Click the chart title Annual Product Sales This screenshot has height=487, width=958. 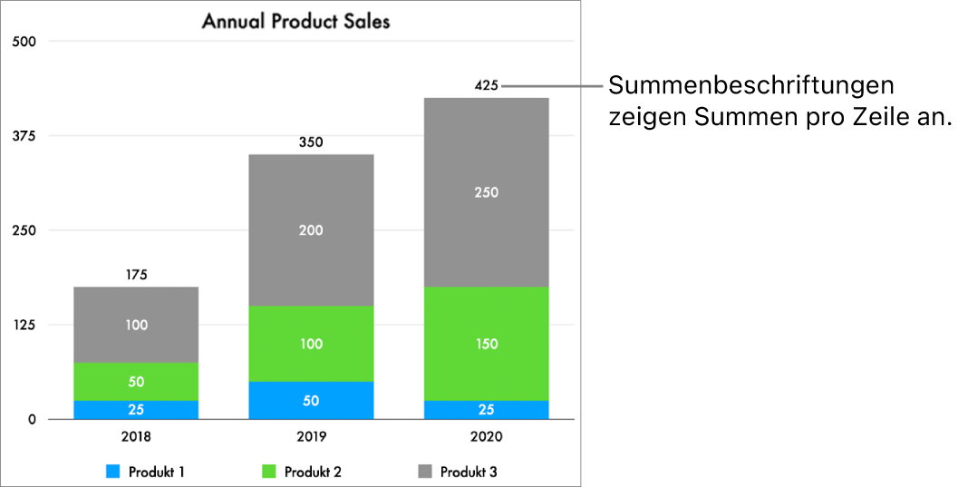[295, 21]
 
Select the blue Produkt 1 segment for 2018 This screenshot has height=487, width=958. [136, 410]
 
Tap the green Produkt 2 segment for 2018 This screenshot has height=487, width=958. [136, 382]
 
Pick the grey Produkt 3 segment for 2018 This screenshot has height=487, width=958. [136, 325]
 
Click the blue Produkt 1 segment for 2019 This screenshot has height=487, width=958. [311, 400]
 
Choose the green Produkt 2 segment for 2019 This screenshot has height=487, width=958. [311, 344]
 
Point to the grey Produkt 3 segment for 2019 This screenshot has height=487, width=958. [311, 230]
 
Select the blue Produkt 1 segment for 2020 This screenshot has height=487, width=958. [486, 410]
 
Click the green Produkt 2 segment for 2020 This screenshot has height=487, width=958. [486, 344]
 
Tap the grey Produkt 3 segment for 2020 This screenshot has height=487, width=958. [486, 192]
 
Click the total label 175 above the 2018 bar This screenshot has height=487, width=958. [136, 274]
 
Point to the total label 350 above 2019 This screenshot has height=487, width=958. [311, 142]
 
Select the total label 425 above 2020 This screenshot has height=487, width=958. [486, 86]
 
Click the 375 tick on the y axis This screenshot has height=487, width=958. [23, 136]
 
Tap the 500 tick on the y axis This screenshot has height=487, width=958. [23, 42]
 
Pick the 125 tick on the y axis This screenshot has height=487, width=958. [23, 325]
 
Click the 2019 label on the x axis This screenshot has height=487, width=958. [311, 436]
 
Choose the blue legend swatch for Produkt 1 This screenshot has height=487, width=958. [113, 472]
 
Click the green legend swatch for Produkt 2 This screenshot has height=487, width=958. [269, 472]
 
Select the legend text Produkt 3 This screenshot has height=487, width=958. [469, 472]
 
